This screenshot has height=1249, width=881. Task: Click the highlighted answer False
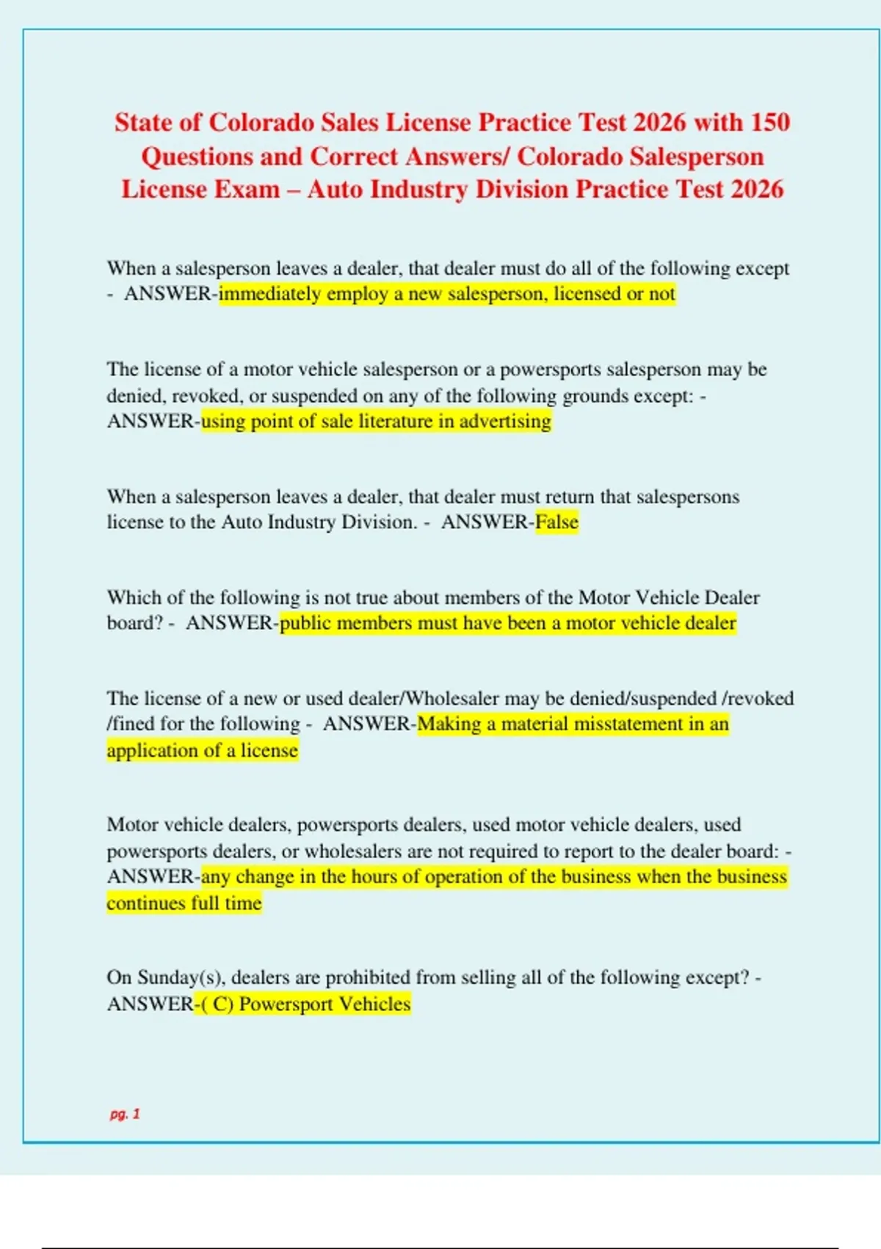tap(557, 522)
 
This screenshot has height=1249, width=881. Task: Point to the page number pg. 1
tap(125, 1114)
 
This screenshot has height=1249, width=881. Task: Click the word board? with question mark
tap(134, 623)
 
